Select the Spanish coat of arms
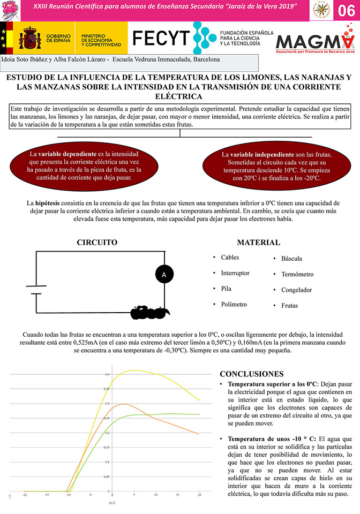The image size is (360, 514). click(29, 37)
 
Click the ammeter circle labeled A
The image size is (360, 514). click(164, 274)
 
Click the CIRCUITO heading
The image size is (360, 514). click(97, 243)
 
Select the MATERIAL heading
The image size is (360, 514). click(258, 243)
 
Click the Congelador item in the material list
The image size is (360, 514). click(296, 290)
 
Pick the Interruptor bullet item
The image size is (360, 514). click(235, 273)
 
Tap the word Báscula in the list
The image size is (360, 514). click(295, 259)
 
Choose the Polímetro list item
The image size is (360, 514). click(234, 304)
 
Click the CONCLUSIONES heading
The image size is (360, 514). click(259, 374)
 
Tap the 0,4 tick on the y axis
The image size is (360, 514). click(107, 374)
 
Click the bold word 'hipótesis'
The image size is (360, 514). click(49, 203)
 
